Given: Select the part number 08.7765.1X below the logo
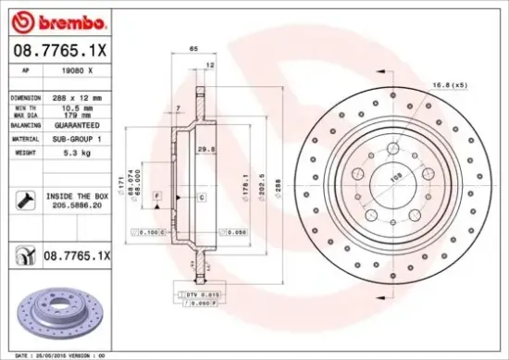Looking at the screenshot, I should coord(57,53).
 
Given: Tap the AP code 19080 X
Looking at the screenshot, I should coord(78,71).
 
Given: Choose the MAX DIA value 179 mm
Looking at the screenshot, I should coord(76,115).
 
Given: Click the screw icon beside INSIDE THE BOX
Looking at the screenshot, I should coord(25,198).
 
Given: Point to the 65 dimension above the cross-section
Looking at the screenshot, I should coord(193,46).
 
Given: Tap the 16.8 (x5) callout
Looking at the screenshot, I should coord(451,85).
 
